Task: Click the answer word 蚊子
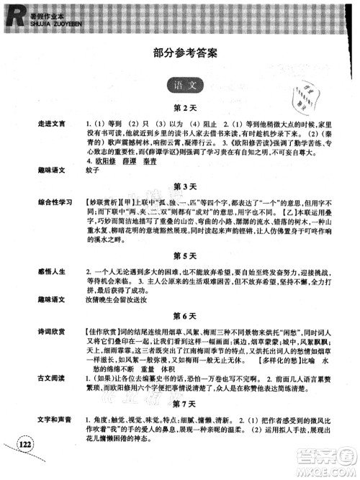point(92,170)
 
